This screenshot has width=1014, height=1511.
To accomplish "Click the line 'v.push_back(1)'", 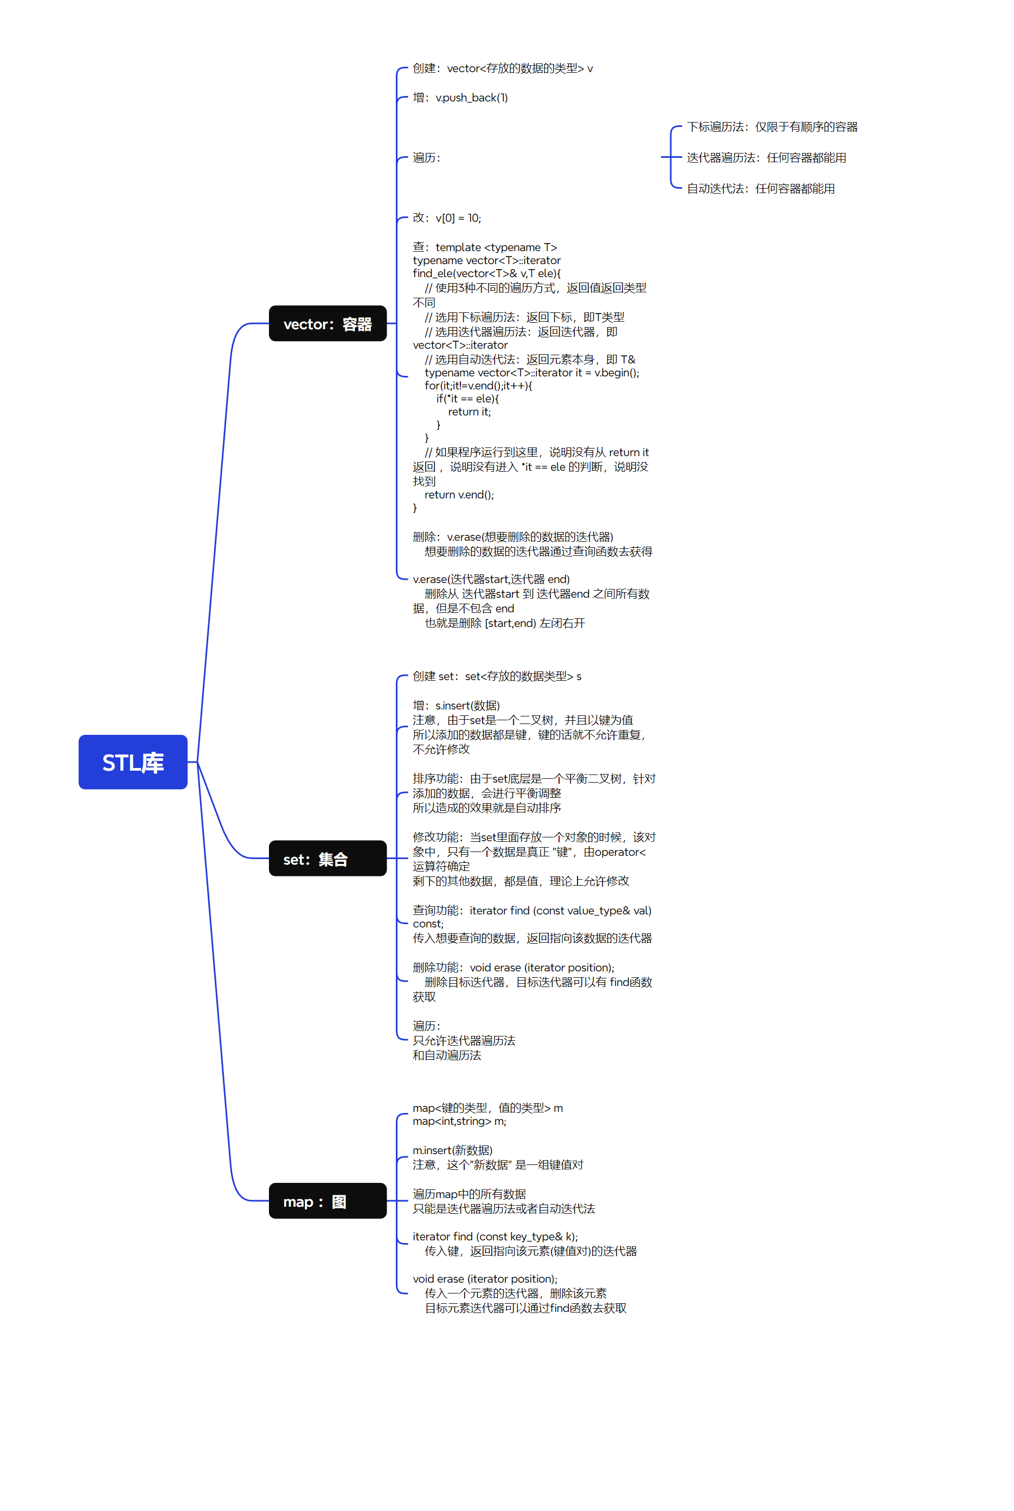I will tap(460, 98).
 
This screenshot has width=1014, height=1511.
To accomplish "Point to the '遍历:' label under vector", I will tap(426, 158).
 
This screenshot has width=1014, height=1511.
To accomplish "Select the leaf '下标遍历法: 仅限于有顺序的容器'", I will tap(772, 127).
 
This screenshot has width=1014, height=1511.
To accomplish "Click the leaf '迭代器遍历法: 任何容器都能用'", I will tap(766, 158).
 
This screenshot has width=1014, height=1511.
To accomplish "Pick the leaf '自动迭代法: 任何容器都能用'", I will tap(760, 189).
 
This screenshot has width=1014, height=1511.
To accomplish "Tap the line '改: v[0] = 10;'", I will tap(447, 218).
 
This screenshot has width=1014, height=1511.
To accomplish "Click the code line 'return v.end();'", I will tap(459, 495).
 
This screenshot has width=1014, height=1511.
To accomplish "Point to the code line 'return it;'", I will tap(469, 412).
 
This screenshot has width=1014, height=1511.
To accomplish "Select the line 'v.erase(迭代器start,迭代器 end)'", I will tap(491, 579).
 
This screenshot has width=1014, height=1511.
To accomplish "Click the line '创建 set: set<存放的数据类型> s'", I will tap(497, 676).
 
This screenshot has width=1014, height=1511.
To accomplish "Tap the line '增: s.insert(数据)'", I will tap(456, 706).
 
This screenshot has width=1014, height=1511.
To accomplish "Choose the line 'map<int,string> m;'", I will tap(459, 1121).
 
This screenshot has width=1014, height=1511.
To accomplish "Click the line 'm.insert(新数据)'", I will tap(452, 1150).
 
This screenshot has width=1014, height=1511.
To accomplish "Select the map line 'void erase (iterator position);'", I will tap(484, 1279).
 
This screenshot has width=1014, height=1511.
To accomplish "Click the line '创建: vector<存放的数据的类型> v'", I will tap(503, 68).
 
